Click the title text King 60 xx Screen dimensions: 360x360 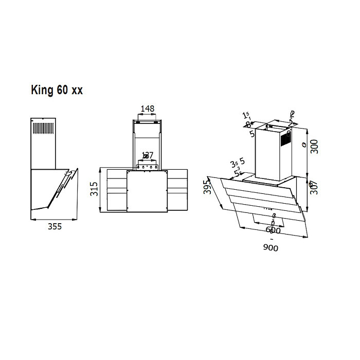coord(57,90)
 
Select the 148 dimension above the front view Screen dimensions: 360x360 coord(148,109)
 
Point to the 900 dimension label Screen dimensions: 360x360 coord(271,248)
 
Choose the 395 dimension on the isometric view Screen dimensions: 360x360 coord(207,188)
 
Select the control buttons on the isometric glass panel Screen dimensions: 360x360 coord(268,208)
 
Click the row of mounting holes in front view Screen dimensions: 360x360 coord(147,167)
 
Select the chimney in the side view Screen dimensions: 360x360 coord(44,144)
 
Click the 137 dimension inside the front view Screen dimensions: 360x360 coord(148,155)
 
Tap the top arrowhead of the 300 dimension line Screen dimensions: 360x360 coord(308,129)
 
